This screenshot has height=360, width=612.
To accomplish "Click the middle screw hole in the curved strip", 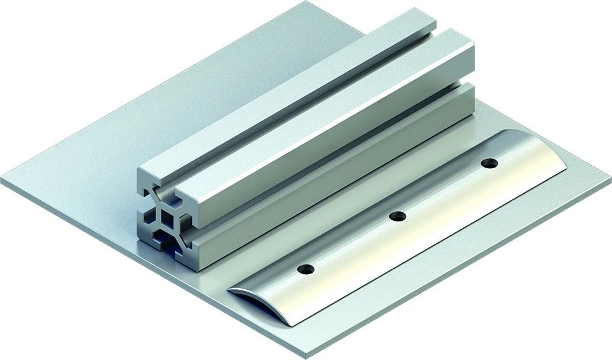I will pos(397,216).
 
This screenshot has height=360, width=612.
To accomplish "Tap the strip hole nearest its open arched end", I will pos(306,268).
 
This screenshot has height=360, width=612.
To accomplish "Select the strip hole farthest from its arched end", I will pos(489,163).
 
